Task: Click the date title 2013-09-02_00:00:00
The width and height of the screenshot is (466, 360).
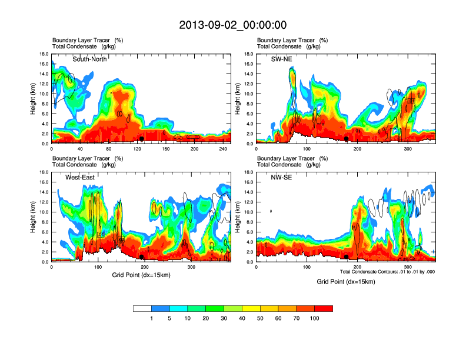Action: tap(232, 25)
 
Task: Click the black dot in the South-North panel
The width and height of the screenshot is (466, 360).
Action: tap(142, 139)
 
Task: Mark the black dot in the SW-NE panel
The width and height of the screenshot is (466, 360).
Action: tap(347, 139)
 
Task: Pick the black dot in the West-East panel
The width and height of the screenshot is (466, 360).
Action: tap(142, 257)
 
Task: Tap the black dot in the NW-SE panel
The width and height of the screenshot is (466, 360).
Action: tap(347, 257)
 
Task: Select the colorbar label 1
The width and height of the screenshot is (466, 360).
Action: tap(151, 318)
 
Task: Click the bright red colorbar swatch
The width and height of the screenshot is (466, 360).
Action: tap(324, 308)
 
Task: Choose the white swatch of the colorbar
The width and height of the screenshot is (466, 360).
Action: tap(142, 308)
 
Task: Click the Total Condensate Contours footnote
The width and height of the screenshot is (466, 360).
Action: tap(387, 272)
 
